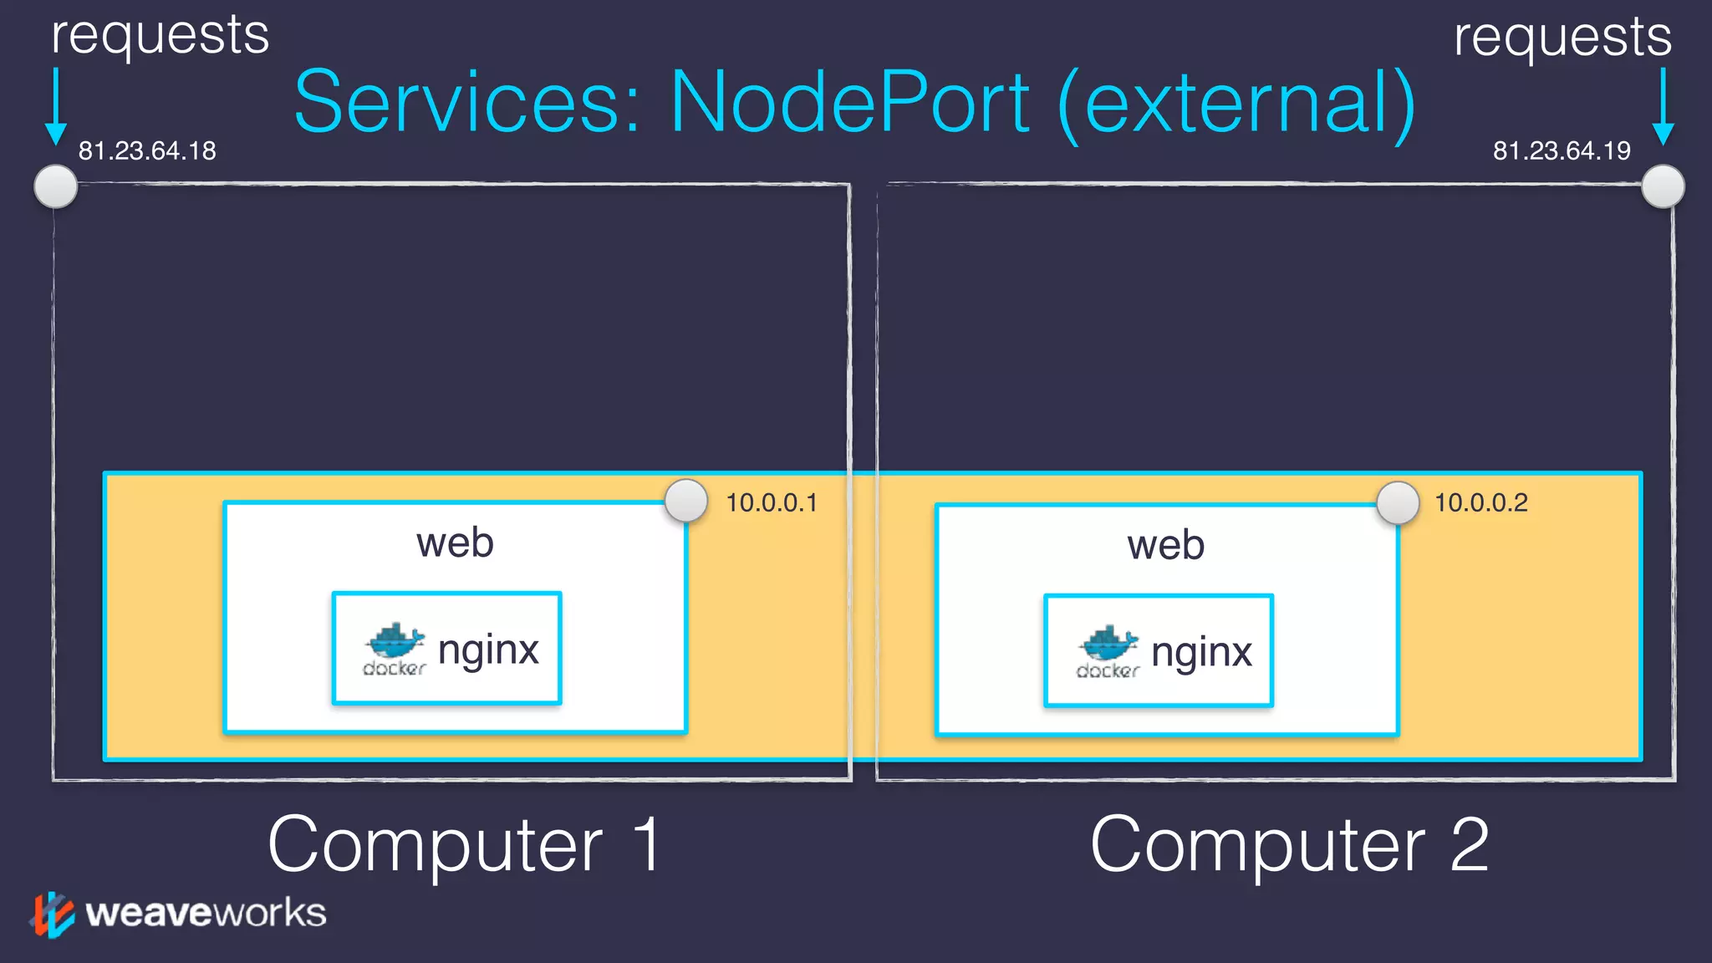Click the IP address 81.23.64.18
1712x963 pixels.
click(147, 150)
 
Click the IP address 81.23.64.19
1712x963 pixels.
click(1562, 150)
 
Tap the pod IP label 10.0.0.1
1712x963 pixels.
click(772, 502)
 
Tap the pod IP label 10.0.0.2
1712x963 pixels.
click(1481, 502)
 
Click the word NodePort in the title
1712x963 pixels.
click(850, 103)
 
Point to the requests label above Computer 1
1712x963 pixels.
click(160, 35)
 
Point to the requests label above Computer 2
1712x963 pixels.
click(1562, 37)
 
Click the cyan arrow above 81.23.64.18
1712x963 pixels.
click(56, 106)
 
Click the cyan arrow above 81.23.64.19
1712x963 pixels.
click(1663, 106)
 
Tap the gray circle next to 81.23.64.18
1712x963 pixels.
click(56, 186)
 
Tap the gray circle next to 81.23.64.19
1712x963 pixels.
click(1663, 186)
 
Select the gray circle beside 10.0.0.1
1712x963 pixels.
click(686, 501)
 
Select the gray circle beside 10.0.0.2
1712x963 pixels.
click(1398, 503)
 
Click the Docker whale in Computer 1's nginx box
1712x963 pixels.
click(395, 642)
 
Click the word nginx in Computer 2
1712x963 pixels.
click(1201, 652)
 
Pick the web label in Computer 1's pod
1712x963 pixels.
click(455, 543)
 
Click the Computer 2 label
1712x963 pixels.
click(1290, 844)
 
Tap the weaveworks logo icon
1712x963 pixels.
click(52, 914)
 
